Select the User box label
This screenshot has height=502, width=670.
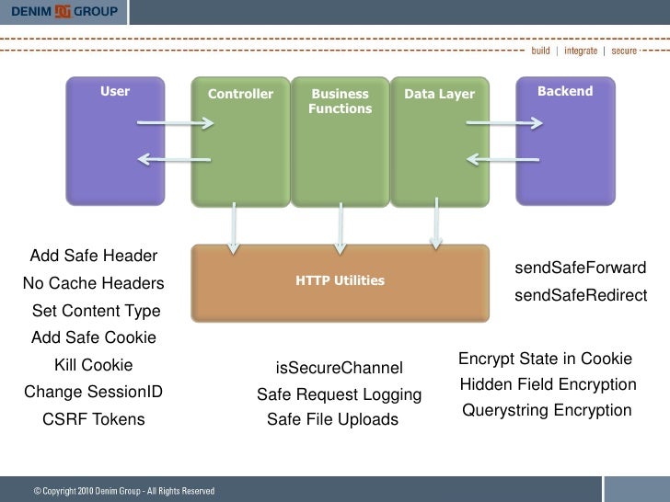tap(115, 92)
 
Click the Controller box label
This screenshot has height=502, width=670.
tap(240, 95)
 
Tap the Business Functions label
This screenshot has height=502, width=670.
tap(340, 101)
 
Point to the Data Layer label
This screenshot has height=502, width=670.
tap(439, 95)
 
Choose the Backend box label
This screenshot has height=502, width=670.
tap(565, 92)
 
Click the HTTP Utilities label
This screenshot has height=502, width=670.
tap(340, 280)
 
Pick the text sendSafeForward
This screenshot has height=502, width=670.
tap(580, 268)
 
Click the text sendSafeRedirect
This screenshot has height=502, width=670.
tap(580, 296)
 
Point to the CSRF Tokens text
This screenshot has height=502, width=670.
tap(93, 420)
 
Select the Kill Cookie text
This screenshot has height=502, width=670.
tap(94, 365)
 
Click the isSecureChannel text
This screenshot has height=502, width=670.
tap(339, 369)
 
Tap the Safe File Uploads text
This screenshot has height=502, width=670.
tap(332, 420)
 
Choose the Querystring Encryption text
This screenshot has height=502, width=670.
tap(547, 411)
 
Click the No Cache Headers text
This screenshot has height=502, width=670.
tap(93, 283)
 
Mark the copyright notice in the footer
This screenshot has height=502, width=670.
tap(124, 491)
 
